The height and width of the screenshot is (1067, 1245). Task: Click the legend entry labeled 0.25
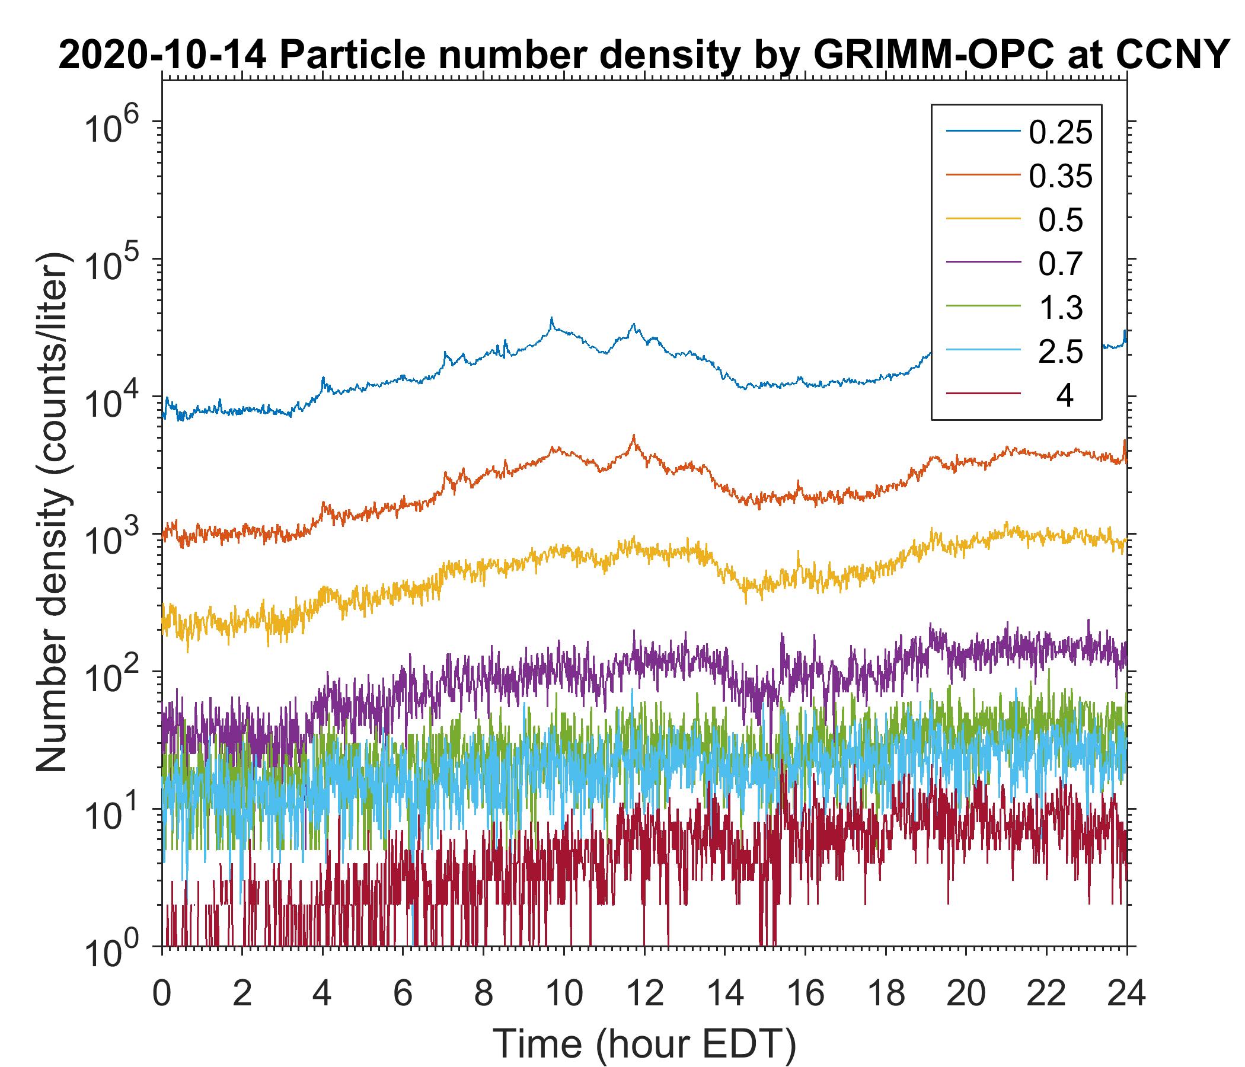click(1060, 133)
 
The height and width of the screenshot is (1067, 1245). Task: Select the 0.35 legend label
click(1060, 177)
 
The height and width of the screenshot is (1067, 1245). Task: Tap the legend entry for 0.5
click(1061, 221)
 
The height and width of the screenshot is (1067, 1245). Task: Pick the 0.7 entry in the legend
click(1061, 264)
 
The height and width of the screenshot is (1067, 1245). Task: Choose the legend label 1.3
click(1061, 308)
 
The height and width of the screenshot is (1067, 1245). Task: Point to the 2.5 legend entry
click(1061, 352)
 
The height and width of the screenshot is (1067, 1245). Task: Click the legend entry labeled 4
click(1064, 396)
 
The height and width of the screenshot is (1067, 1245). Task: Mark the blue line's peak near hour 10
click(551, 318)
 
